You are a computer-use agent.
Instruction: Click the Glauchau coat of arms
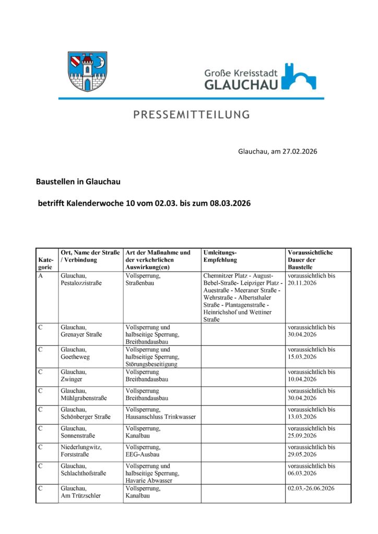point(87,71)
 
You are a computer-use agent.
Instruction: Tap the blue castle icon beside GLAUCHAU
point(299,77)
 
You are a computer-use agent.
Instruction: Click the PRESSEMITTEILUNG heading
point(191,115)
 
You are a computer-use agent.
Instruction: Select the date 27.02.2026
point(299,152)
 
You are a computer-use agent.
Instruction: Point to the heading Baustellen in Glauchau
point(78,182)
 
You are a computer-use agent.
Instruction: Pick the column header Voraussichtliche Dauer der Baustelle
point(311,260)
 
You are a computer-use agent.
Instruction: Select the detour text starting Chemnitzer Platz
point(242,297)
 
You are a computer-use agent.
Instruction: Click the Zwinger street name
point(72,379)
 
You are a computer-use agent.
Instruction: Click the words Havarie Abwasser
point(149,480)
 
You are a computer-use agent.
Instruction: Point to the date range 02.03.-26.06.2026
point(311,488)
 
